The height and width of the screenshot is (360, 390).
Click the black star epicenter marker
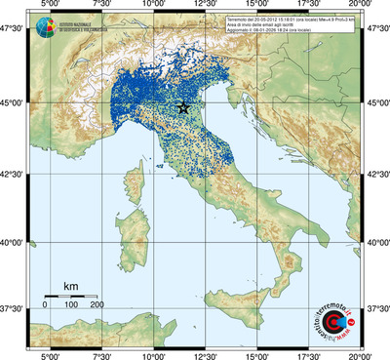click(183, 107)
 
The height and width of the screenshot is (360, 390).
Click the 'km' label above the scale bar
click(70, 286)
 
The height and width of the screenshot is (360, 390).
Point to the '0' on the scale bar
click(45, 305)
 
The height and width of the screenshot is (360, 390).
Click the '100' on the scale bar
click(70, 305)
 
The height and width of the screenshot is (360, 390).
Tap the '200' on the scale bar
click(97, 305)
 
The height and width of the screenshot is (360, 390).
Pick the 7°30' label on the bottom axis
click(100, 354)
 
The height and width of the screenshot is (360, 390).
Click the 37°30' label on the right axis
click(376, 308)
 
